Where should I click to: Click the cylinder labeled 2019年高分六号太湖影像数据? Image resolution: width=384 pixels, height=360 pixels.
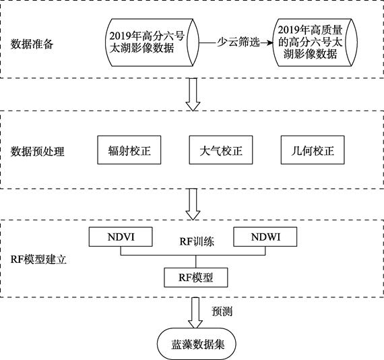click(x=152, y=42)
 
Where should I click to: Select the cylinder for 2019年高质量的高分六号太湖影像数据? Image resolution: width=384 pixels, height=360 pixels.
click(x=315, y=42)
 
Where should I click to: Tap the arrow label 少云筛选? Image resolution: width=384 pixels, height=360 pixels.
click(x=238, y=42)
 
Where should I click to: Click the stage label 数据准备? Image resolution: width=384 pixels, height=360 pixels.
click(x=32, y=44)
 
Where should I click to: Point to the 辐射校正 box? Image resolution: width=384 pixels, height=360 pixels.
click(x=129, y=150)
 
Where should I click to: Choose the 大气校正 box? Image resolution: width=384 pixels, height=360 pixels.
click(x=221, y=150)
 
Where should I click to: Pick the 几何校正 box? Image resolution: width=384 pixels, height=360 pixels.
click(x=313, y=150)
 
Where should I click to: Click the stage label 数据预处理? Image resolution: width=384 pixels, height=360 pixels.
click(x=37, y=152)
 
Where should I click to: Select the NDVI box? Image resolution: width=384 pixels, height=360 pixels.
click(x=121, y=237)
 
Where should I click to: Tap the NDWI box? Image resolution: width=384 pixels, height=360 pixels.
click(x=265, y=237)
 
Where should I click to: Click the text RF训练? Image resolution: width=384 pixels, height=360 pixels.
click(x=197, y=241)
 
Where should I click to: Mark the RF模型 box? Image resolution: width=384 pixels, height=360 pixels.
click(x=195, y=277)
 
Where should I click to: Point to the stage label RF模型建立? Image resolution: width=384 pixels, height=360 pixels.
click(x=38, y=260)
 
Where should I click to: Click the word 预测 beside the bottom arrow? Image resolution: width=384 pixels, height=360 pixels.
click(x=222, y=311)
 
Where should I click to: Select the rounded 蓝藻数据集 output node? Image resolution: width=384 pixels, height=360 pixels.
click(x=197, y=344)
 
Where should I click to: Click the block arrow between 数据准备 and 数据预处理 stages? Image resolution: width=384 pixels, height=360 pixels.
click(x=193, y=94)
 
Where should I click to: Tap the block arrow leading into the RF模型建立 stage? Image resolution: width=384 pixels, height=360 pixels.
click(x=193, y=204)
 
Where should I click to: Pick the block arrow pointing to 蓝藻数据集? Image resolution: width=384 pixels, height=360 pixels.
click(x=195, y=313)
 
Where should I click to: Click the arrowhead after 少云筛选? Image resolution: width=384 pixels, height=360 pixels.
click(x=269, y=42)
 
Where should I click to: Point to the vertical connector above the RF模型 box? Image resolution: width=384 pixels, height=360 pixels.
click(x=195, y=262)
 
